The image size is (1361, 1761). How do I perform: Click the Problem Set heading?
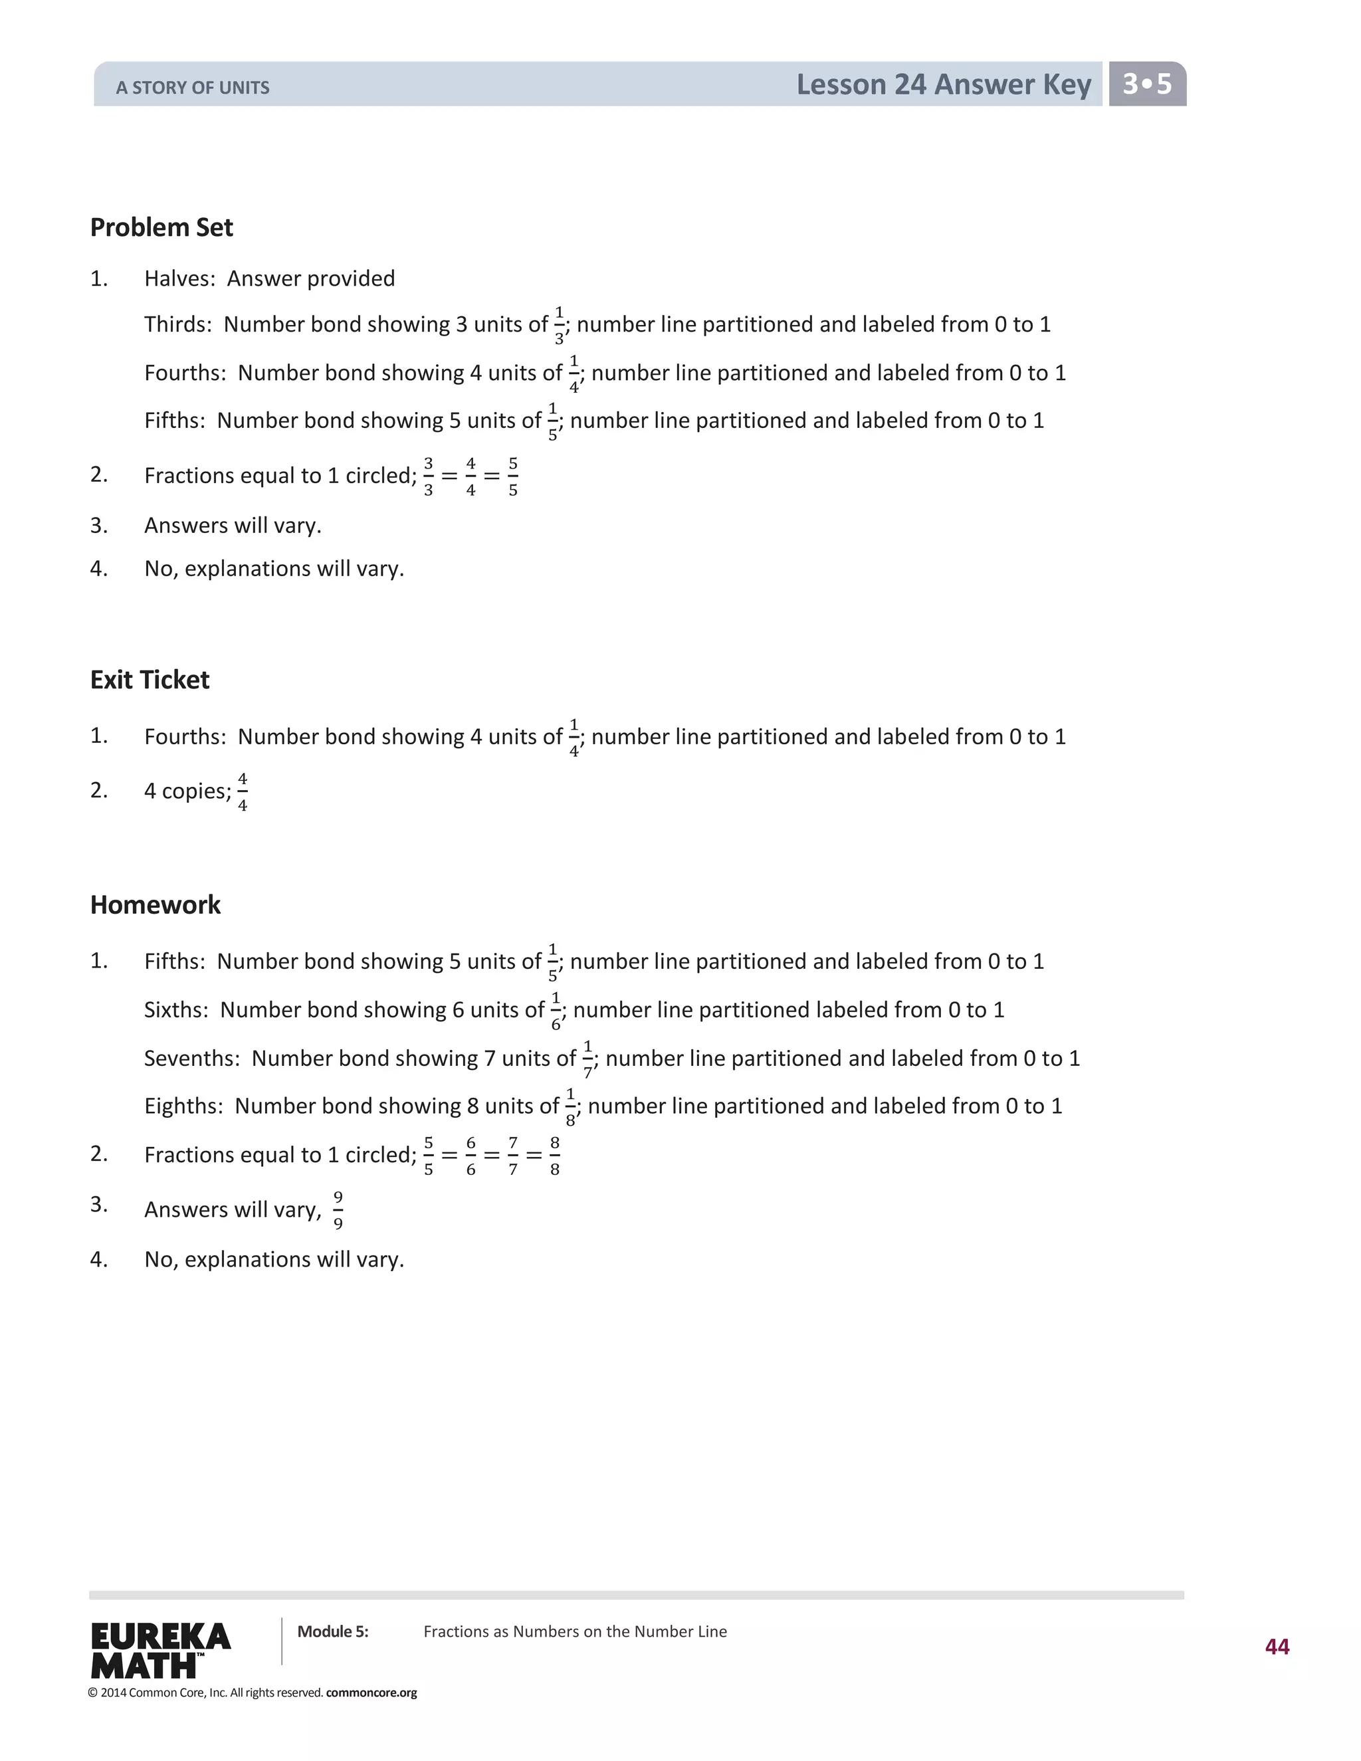[x=161, y=227]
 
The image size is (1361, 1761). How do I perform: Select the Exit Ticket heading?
[x=150, y=680]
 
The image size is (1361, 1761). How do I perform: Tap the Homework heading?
[x=155, y=904]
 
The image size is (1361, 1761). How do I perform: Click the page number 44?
[x=1277, y=1647]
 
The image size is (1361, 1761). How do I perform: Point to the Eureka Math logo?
[x=160, y=1650]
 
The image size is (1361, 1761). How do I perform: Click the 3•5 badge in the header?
[x=1146, y=84]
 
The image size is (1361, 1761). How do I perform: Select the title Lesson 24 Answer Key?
[x=944, y=84]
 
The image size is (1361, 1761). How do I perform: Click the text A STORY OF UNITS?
[x=193, y=88]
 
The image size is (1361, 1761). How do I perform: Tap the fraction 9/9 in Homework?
[x=338, y=1209]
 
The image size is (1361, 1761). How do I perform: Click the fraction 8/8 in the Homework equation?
[x=555, y=1156]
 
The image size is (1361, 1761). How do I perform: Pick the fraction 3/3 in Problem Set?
[x=428, y=476]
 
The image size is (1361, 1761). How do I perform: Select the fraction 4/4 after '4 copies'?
[x=243, y=792]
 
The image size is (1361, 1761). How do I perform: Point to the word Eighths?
[x=182, y=1106]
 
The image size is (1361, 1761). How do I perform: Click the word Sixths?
[x=175, y=1009]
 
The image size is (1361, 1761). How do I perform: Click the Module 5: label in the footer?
[x=332, y=1632]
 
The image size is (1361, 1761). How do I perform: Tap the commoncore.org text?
[x=371, y=1693]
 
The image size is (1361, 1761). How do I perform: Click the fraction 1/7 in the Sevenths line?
[x=587, y=1059]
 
